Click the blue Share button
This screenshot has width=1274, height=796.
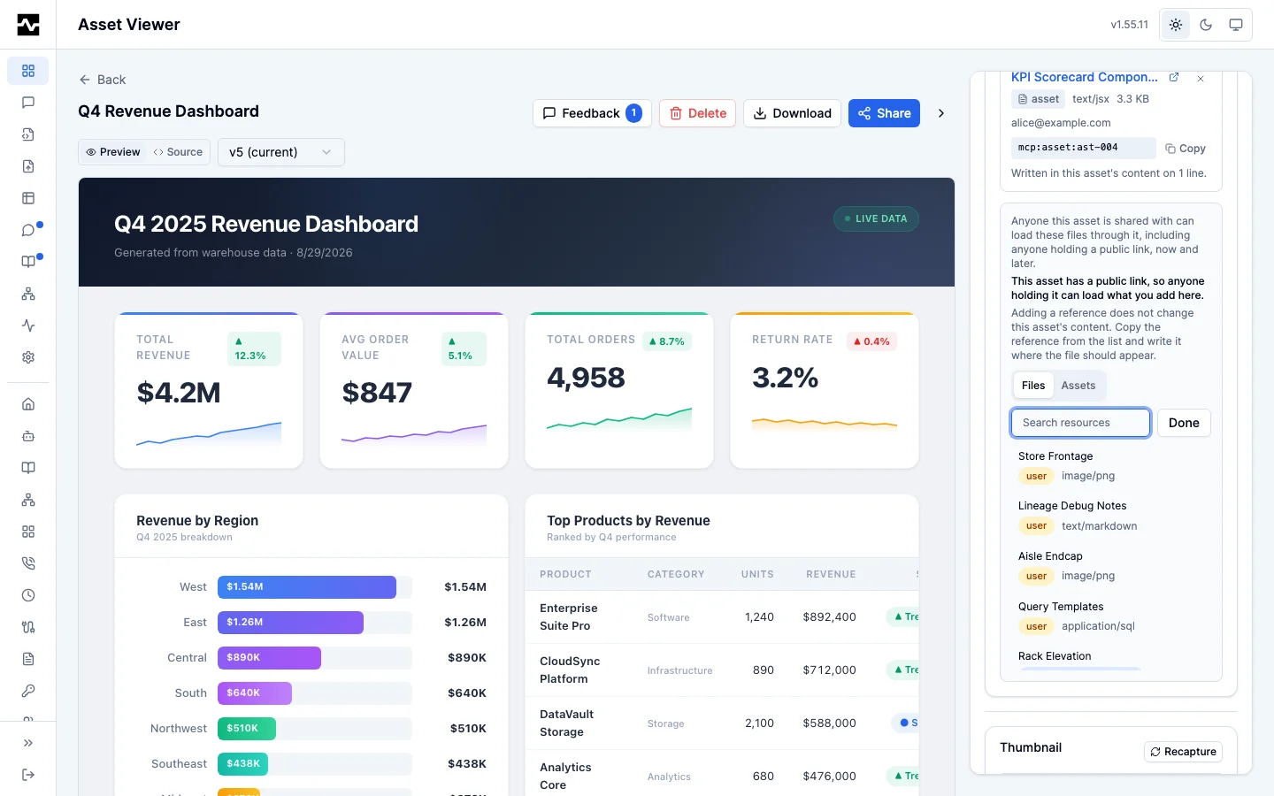pyautogui.click(x=884, y=113)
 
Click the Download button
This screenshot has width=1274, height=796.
pyautogui.click(x=792, y=113)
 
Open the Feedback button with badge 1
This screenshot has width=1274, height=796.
pyautogui.click(x=592, y=113)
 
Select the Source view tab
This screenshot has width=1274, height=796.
pyautogui.click(x=178, y=152)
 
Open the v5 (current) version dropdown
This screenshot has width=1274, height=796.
pyautogui.click(x=281, y=152)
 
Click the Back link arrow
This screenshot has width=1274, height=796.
pyautogui.click(x=85, y=80)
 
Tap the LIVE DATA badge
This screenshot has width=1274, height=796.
pyautogui.click(x=876, y=218)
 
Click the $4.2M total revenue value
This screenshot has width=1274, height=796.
pyautogui.click(x=178, y=393)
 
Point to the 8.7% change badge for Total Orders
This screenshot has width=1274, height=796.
pyautogui.click(x=666, y=341)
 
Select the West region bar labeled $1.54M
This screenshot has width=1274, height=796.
pyautogui.click(x=306, y=586)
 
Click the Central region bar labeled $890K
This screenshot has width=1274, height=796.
pyautogui.click(x=269, y=657)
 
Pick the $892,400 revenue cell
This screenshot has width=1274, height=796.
pyautogui.click(x=829, y=617)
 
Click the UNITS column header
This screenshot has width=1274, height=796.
pyautogui.click(x=757, y=574)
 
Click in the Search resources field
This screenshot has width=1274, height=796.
pyautogui.click(x=1080, y=423)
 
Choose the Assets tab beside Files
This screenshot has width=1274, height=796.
pyautogui.click(x=1078, y=385)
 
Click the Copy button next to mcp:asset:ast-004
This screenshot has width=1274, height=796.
pyautogui.click(x=1186, y=149)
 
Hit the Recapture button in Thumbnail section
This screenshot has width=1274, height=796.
pyautogui.click(x=1183, y=751)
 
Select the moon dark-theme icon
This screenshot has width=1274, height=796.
pyautogui.click(x=1206, y=25)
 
